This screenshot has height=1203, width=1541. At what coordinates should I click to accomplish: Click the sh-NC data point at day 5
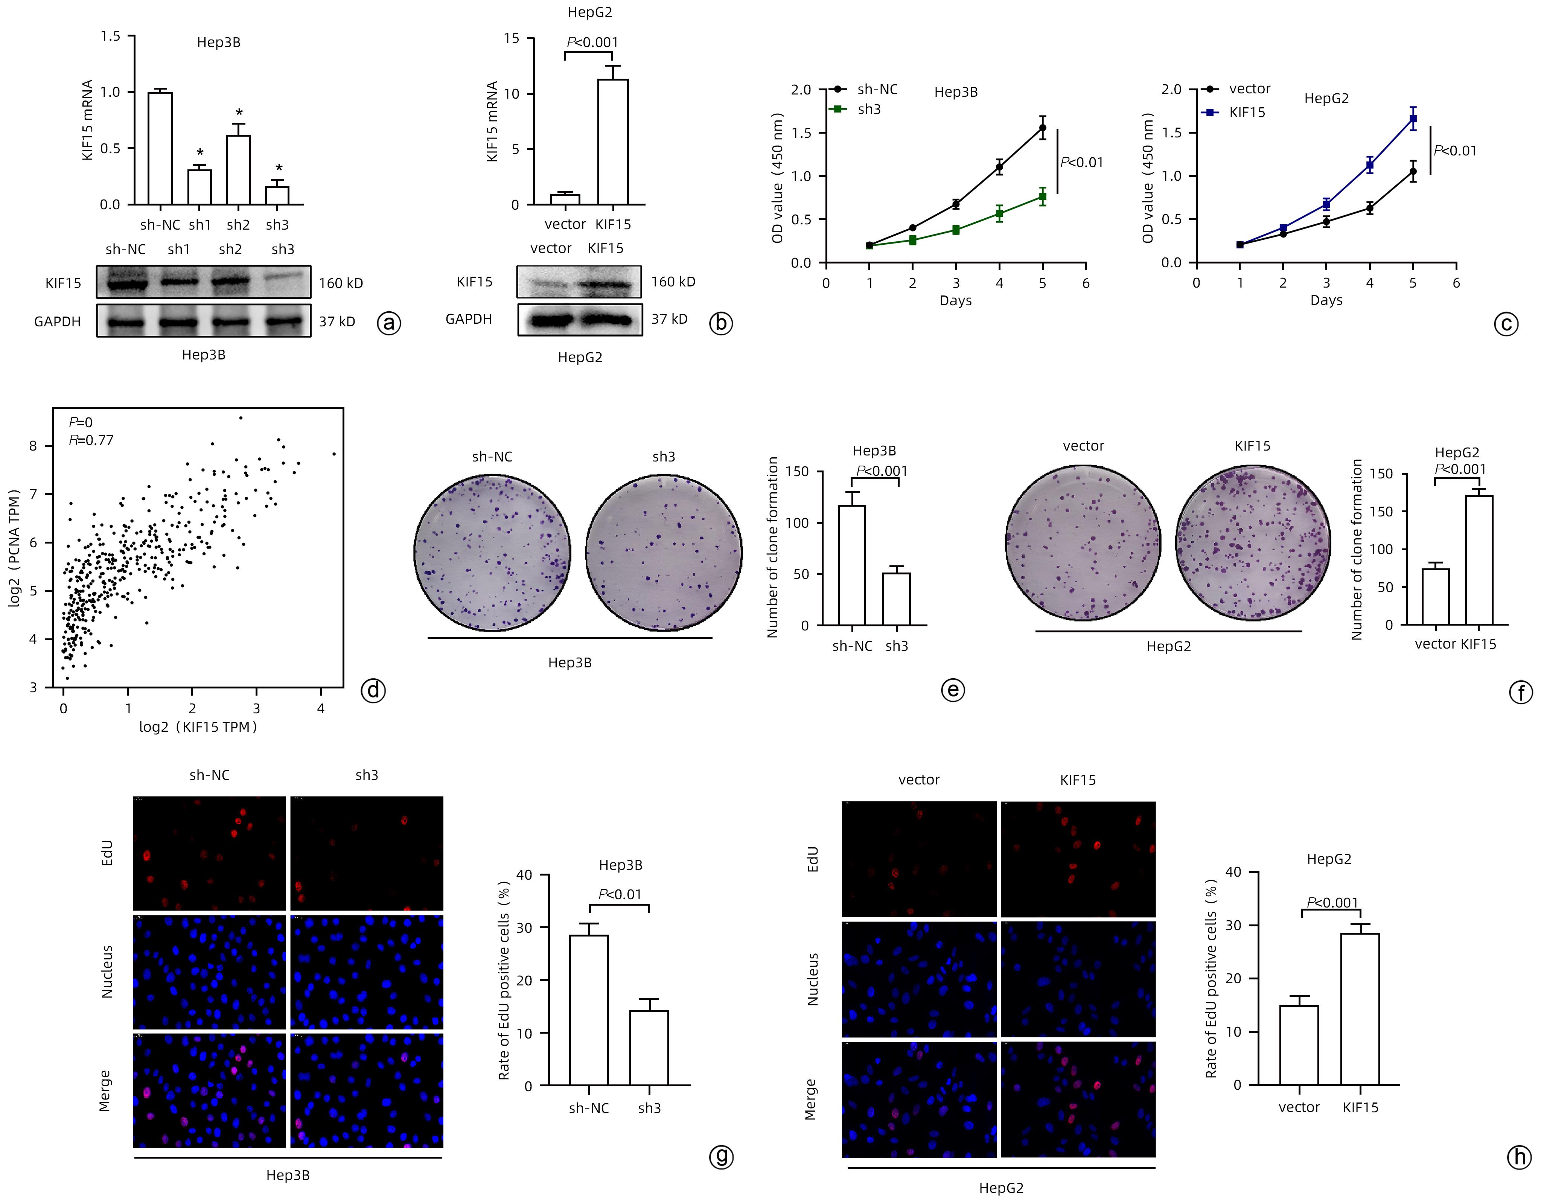(x=1042, y=128)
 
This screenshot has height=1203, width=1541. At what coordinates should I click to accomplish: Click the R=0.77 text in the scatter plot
(x=91, y=440)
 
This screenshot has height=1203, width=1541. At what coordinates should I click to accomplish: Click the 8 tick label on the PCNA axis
(x=32, y=446)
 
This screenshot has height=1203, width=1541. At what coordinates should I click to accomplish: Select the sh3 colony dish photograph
(x=663, y=552)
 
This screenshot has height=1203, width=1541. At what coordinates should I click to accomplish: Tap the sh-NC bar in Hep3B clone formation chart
(x=852, y=565)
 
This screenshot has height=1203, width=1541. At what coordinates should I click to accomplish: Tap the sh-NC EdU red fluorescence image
(x=210, y=853)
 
